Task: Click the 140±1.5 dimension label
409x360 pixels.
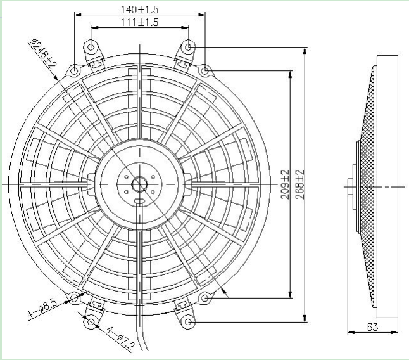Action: (x=139, y=10)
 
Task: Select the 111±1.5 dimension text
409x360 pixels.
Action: (x=139, y=22)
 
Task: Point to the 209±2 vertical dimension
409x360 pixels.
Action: (x=285, y=184)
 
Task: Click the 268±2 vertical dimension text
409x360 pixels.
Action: (x=300, y=184)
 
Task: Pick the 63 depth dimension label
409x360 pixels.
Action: (x=372, y=327)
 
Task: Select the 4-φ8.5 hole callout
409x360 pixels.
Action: (x=42, y=309)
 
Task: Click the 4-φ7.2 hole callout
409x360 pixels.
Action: (x=120, y=338)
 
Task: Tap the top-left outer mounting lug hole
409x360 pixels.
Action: (x=91, y=48)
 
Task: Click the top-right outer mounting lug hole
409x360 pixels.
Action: (x=188, y=48)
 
